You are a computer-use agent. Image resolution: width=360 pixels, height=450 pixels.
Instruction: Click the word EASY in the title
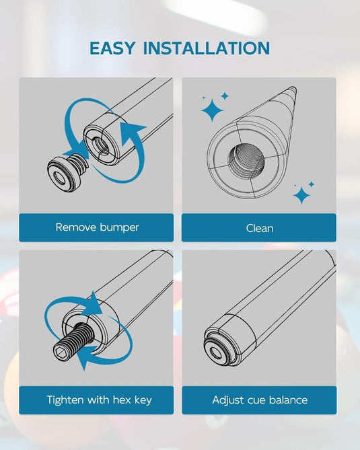112,48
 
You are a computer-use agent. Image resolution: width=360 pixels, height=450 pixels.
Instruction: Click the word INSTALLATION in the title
207,48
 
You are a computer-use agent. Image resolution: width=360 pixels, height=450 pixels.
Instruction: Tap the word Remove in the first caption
76,227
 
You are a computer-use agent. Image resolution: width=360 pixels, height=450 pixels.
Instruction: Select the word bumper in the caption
119,228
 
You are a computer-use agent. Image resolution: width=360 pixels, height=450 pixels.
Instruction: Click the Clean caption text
260,229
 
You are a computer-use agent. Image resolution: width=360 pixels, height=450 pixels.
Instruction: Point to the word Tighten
65,400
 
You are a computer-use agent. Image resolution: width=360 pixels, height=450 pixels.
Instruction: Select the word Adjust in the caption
228,400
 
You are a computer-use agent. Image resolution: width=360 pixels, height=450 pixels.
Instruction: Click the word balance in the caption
288,400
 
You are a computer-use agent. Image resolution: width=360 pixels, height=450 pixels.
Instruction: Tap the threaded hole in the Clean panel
246,159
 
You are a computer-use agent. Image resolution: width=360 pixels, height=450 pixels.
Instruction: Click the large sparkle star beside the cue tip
212,110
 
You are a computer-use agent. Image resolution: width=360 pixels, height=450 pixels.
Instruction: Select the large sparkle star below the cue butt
301,196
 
